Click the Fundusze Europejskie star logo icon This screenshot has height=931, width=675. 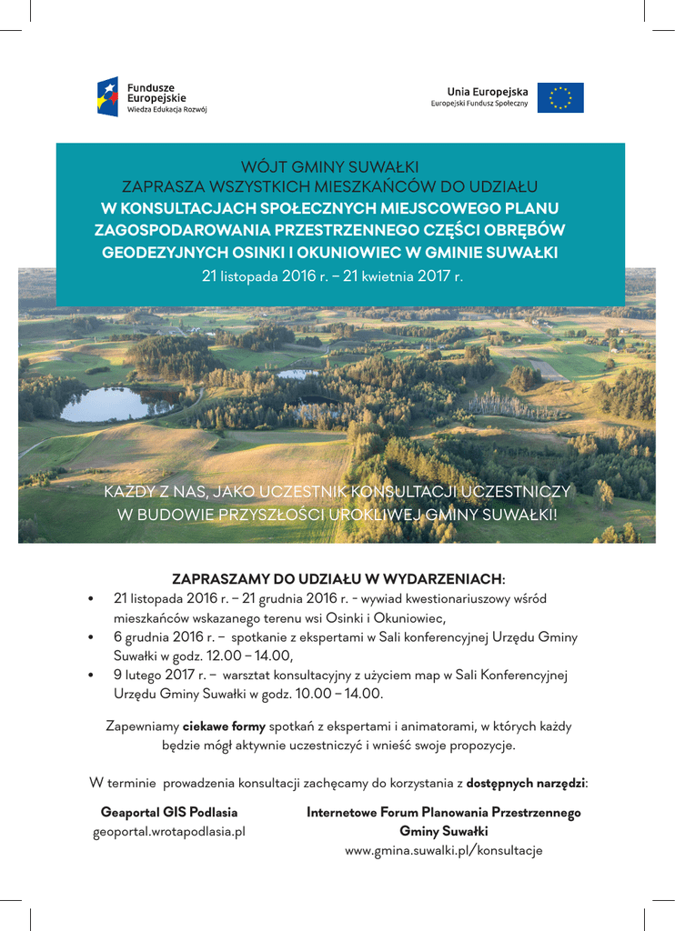tap(107, 96)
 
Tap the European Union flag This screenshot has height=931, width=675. tap(560, 97)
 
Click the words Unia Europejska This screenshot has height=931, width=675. tap(487, 92)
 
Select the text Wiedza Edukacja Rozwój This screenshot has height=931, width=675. tap(166, 109)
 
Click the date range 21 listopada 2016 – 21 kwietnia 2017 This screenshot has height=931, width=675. tap(332, 275)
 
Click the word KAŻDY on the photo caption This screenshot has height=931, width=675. tap(128, 492)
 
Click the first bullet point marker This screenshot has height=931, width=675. tap(91, 599)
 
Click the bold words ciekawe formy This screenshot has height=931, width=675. tap(224, 726)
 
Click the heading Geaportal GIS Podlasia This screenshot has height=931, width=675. tap(169, 812)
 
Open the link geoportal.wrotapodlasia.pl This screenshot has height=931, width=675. tap(169, 832)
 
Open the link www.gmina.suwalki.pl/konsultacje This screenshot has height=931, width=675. tap(443, 851)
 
